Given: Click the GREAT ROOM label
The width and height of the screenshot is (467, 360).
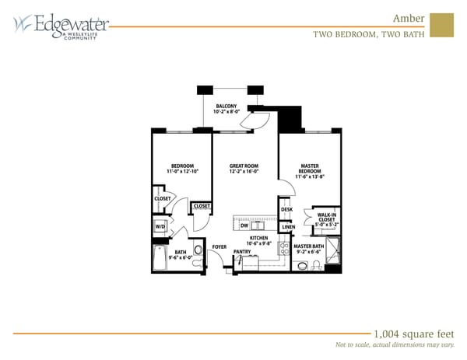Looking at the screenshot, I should coord(244,169).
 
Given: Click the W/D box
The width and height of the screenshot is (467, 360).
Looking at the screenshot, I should coord(160,227).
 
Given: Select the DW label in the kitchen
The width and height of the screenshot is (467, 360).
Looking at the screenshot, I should coord(244,225).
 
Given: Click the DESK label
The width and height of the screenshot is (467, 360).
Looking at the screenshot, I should coord(286,209).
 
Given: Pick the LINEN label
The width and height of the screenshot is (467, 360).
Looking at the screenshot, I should coord(288,227).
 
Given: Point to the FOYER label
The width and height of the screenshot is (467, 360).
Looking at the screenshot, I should coord(219,246).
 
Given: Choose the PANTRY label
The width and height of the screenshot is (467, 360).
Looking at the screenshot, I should coord(242,252).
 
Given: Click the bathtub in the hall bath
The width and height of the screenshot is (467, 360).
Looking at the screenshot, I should coord(160,257).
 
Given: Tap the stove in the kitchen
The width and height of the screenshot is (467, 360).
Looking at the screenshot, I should coord(284,250).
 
